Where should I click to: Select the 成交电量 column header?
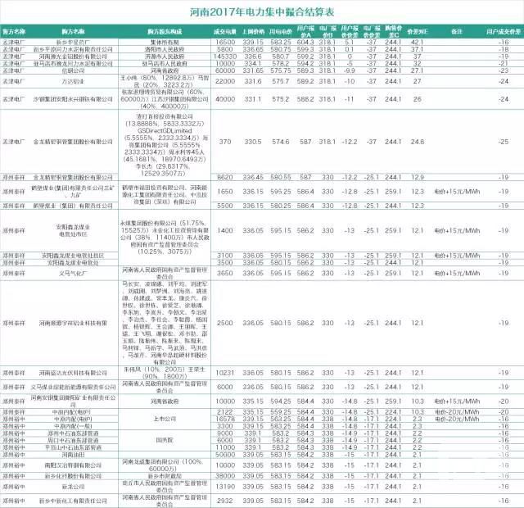226,32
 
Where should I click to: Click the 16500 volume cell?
226,41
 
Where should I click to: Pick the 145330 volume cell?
226,56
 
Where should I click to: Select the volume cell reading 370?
226,142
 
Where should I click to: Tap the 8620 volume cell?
226,177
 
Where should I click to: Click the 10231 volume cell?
226,372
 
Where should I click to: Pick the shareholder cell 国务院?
160,438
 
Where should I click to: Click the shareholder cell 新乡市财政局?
160,476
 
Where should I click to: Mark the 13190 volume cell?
226,487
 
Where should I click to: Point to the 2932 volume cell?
226,500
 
